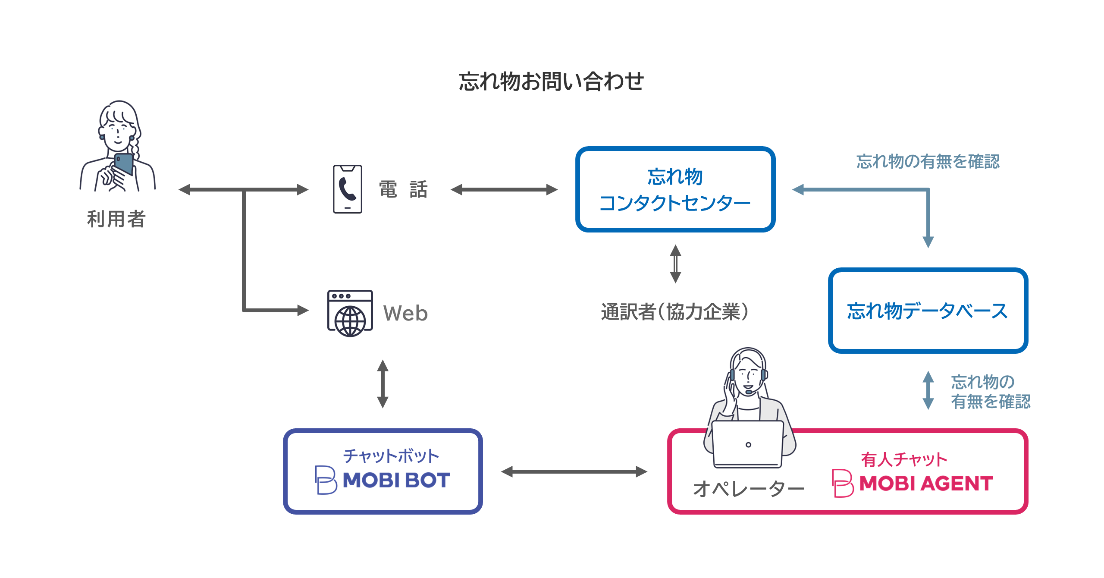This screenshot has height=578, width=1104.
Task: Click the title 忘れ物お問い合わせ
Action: pyautogui.click(x=551, y=82)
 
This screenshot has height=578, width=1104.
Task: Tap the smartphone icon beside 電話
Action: pyautogui.click(x=348, y=189)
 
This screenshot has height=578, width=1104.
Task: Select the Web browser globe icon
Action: pyautogui.click(x=350, y=313)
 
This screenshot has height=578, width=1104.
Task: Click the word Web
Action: pyautogui.click(x=405, y=313)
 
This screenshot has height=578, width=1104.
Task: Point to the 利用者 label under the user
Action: pyautogui.click(x=116, y=219)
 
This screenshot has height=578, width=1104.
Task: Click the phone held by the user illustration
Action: pyautogui.click(x=124, y=164)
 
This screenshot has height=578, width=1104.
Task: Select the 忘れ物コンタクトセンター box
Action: pyautogui.click(x=675, y=189)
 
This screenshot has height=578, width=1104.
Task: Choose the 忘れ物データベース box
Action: pyautogui.click(x=928, y=311)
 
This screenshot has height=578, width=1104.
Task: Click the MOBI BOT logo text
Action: pyautogui.click(x=396, y=480)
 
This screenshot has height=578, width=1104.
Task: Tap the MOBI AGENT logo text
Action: pyautogui.click(x=926, y=483)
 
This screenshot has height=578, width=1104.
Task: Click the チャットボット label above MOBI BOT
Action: pyautogui.click(x=391, y=456)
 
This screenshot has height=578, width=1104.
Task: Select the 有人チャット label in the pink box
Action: pyautogui.click(x=904, y=459)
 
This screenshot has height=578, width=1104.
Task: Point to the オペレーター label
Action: pyautogui.click(x=749, y=489)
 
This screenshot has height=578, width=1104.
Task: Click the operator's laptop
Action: pyautogui.click(x=748, y=444)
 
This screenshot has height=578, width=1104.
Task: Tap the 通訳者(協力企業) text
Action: pyautogui.click(x=675, y=312)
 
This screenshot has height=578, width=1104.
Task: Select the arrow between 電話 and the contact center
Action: pyautogui.click(x=504, y=189)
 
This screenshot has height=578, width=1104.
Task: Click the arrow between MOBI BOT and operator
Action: pyautogui.click(x=574, y=471)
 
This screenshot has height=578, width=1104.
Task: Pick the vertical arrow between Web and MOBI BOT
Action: pyautogui.click(x=383, y=384)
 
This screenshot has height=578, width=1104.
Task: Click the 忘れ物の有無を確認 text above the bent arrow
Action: pyautogui.click(x=928, y=161)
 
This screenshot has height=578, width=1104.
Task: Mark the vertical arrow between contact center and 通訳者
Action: pyautogui.click(x=676, y=264)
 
